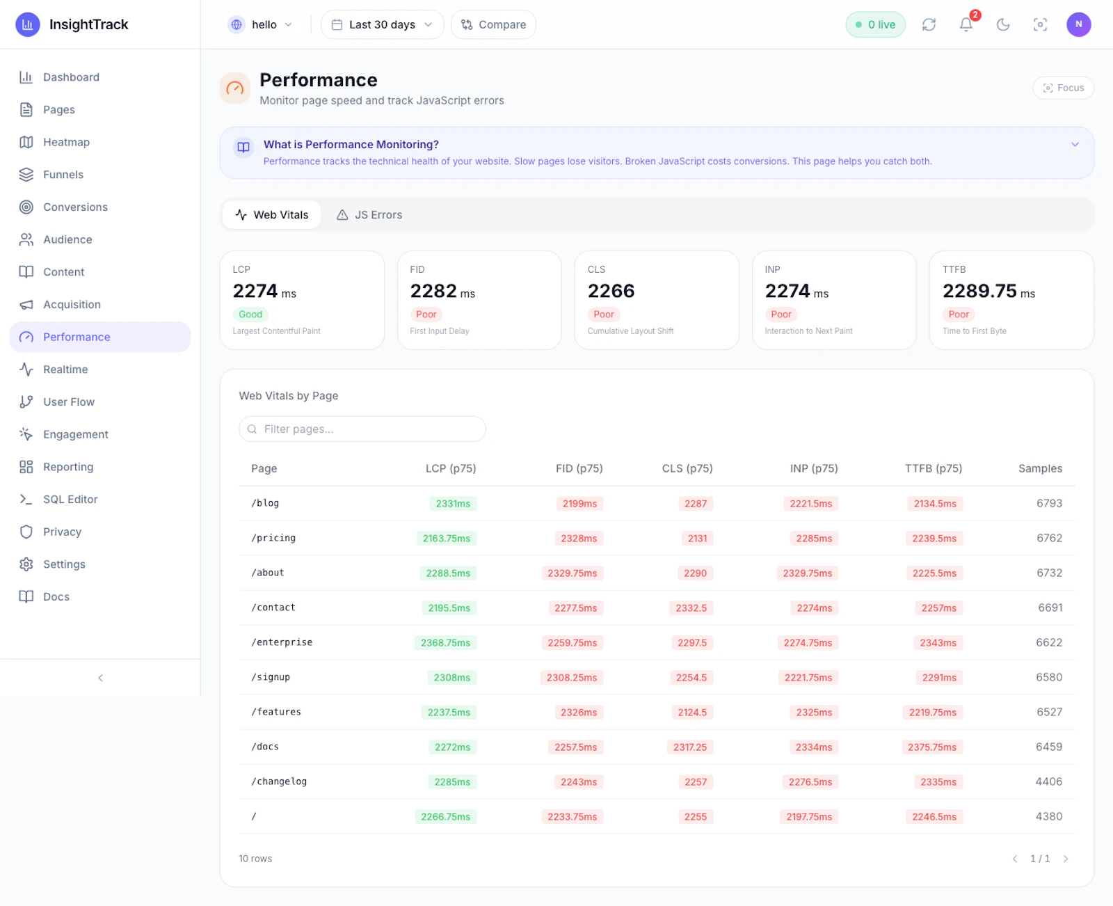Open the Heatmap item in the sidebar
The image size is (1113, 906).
point(66,142)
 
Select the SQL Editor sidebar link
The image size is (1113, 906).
point(70,499)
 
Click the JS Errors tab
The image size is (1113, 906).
point(369,215)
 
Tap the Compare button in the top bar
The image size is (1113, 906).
point(493,24)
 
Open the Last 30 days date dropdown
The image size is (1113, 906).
point(382,24)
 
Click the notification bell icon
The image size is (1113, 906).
point(966,24)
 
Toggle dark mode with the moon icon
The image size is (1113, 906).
point(1003,24)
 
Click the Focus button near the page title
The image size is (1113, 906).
point(1063,88)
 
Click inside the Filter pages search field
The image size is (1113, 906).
point(362,429)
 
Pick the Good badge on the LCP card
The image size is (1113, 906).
point(250,315)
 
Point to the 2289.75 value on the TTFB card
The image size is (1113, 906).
point(979,291)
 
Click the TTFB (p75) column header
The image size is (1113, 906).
point(934,468)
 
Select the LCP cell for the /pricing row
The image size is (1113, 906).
point(447,538)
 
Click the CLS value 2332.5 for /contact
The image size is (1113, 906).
point(691,607)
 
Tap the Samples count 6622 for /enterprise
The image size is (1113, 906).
point(1049,642)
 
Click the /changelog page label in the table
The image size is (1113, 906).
point(279,781)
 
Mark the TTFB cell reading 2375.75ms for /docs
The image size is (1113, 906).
point(931,747)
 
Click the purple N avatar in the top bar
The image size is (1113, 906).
point(1078,24)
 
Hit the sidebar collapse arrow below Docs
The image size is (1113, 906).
point(100,678)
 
